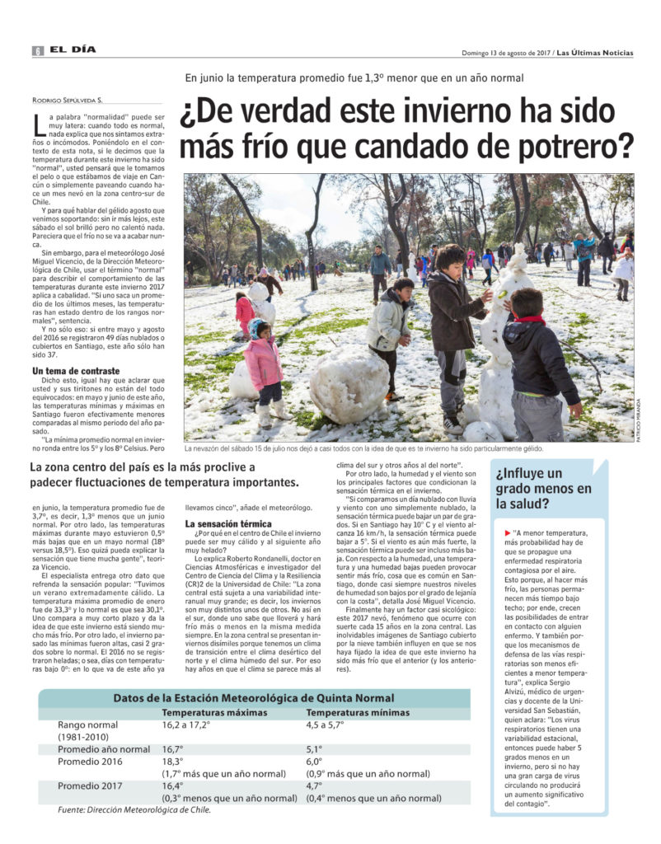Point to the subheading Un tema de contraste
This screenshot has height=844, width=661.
coord(76,372)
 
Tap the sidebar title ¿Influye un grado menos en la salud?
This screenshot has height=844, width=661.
coord(544,488)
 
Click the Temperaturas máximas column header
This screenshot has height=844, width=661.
coord(214,713)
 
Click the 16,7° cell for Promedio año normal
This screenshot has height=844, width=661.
coord(173,749)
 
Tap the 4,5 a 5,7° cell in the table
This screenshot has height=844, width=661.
coord(326,725)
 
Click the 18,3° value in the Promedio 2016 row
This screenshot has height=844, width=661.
coord(173,762)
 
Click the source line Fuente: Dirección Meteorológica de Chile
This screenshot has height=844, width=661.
coord(134,810)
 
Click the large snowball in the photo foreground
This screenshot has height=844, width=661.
coord(349,385)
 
